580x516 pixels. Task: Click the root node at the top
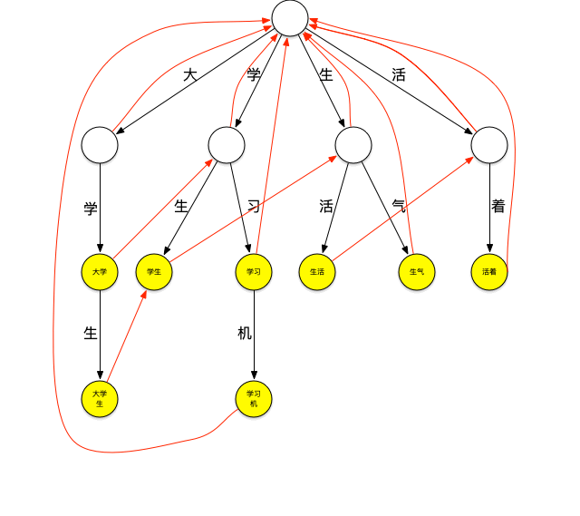click(x=290, y=18)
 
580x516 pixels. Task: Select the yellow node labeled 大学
click(x=100, y=272)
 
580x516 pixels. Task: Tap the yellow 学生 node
click(x=154, y=272)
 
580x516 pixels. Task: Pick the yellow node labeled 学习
click(x=254, y=272)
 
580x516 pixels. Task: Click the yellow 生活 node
click(x=317, y=272)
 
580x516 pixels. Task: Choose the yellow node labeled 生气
click(x=417, y=272)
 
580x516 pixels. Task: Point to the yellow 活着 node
click(x=489, y=272)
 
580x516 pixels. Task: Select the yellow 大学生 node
click(x=100, y=399)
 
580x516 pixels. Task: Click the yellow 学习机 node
click(x=254, y=399)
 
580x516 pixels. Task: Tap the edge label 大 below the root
click(x=190, y=75)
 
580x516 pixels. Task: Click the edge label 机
click(x=245, y=334)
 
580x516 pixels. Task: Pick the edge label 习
click(x=254, y=207)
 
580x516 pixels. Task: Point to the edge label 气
click(x=399, y=207)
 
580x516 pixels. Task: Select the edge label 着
click(x=498, y=207)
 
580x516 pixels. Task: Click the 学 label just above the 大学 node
click(x=91, y=209)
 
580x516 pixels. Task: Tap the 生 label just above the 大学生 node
click(x=91, y=334)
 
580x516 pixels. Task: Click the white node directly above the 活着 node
click(x=489, y=145)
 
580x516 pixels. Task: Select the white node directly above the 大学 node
click(x=100, y=145)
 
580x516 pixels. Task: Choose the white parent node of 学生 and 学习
click(x=227, y=145)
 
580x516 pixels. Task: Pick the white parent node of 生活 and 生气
click(x=353, y=145)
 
